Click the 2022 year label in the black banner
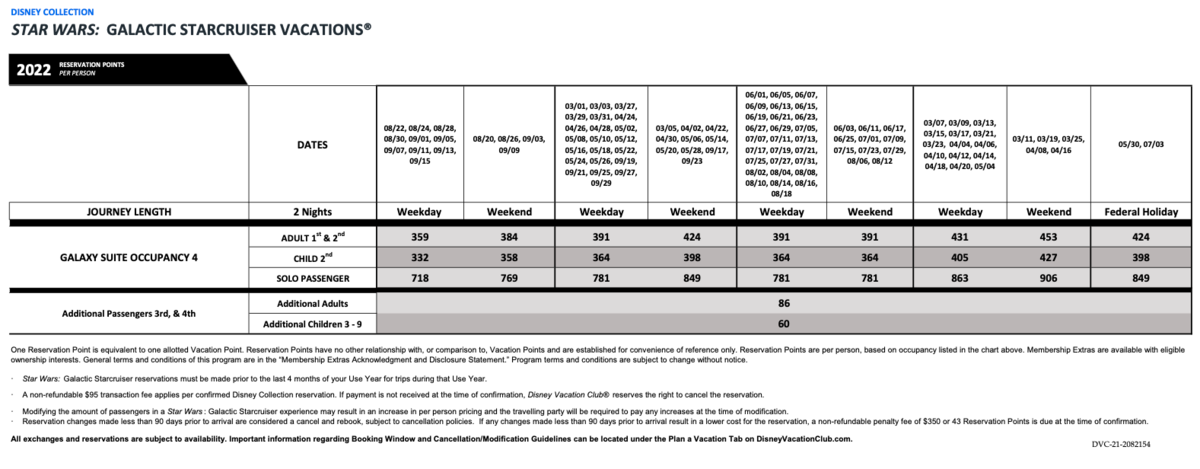35,68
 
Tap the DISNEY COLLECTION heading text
51,12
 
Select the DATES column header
312,145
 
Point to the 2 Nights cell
312,212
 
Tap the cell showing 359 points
421,238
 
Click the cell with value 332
421,257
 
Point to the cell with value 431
958,238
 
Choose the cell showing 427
1047,257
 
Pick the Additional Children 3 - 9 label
312,324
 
